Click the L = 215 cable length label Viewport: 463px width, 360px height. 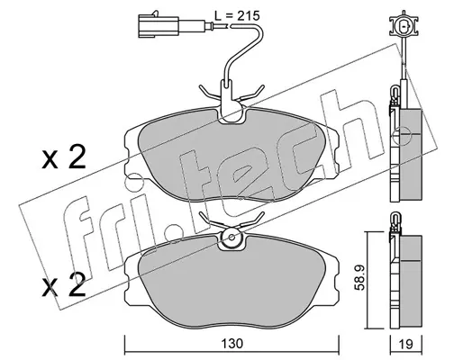pyautogui.click(x=237, y=16)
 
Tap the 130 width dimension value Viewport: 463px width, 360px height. pyautogui.click(x=232, y=344)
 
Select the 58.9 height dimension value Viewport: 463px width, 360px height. pyautogui.click(x=359, y=277)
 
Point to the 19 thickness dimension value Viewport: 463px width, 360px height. pyautogui.click(x=406, y=344)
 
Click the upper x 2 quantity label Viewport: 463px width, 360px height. pyautogui.click(x=64, y=157)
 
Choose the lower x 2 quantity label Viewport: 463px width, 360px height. pyautogui.click(x=64, y=286)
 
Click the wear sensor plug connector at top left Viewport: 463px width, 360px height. pyautogui.click(x=159, y=26)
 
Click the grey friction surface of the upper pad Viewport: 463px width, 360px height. pyautogui.click(x=231, y=155)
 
